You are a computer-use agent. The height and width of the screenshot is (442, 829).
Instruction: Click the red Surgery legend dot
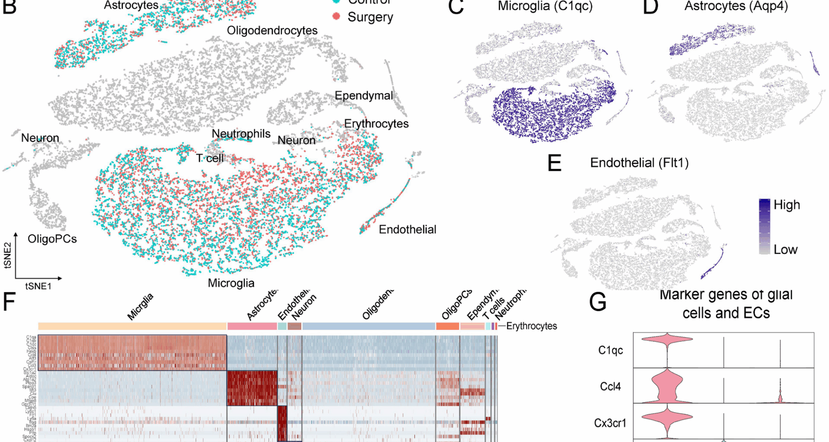tap(336, 17)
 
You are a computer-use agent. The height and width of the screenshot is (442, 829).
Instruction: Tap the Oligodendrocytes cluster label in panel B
tap(272, 31)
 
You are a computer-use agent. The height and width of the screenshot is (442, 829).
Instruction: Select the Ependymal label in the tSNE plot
tap(364, 95)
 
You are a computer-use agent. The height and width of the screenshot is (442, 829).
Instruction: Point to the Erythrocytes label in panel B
tap(376, 124)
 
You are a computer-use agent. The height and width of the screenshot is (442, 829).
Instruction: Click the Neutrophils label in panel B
tap(241, 134)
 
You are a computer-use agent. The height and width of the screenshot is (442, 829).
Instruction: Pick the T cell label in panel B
tap(210, 158)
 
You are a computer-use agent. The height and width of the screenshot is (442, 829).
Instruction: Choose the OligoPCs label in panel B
tap(52, 239)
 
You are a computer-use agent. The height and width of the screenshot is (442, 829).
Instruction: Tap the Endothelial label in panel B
tap(407, 230)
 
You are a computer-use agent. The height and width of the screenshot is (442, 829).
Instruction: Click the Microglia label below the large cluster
tap(231, 283)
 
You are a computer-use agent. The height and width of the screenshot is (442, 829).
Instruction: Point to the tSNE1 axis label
tap(38, 286)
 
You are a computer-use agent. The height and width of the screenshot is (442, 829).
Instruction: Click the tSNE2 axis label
tap(7, 255)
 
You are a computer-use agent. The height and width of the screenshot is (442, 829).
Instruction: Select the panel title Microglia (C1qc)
tap(545, 6)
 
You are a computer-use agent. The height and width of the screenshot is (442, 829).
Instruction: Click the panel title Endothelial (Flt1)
tap(639, 163)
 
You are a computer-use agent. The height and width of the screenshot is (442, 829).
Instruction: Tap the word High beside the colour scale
tap(787, 205)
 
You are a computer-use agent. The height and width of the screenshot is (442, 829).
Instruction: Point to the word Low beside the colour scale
tap(785, 249)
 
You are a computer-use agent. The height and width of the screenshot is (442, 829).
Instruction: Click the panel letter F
tap(9, 302)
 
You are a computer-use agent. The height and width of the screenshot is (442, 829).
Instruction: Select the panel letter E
tap(554, 164)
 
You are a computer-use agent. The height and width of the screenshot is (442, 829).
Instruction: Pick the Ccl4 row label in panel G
tap(610, 386)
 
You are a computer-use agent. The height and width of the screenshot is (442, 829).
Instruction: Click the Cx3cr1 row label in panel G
tap(610, 423)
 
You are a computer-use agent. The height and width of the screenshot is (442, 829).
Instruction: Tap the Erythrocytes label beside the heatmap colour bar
tap(531, 326)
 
